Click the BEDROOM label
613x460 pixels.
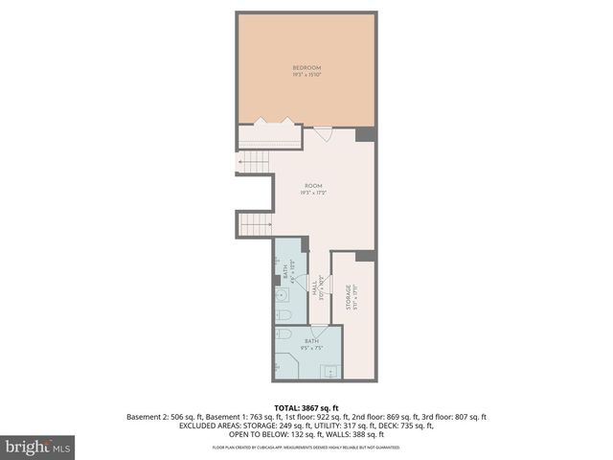[306, 67]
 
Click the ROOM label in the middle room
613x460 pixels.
[313, 185]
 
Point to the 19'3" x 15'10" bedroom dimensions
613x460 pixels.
[306, 74]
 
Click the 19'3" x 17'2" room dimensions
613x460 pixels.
[313, 193]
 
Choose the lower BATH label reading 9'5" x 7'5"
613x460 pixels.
[312, 343]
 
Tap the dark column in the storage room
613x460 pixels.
[365, 255]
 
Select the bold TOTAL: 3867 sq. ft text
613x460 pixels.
[306, 408]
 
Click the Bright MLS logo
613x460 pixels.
[38, 447]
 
